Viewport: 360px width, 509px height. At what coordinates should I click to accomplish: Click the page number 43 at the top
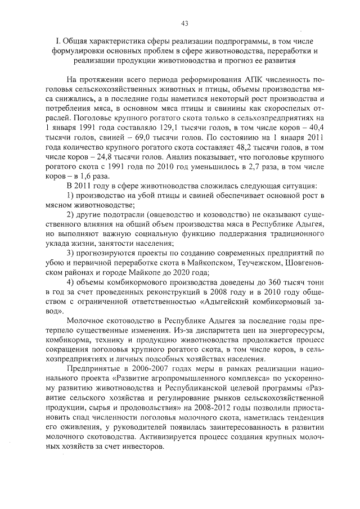click(184, 23)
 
